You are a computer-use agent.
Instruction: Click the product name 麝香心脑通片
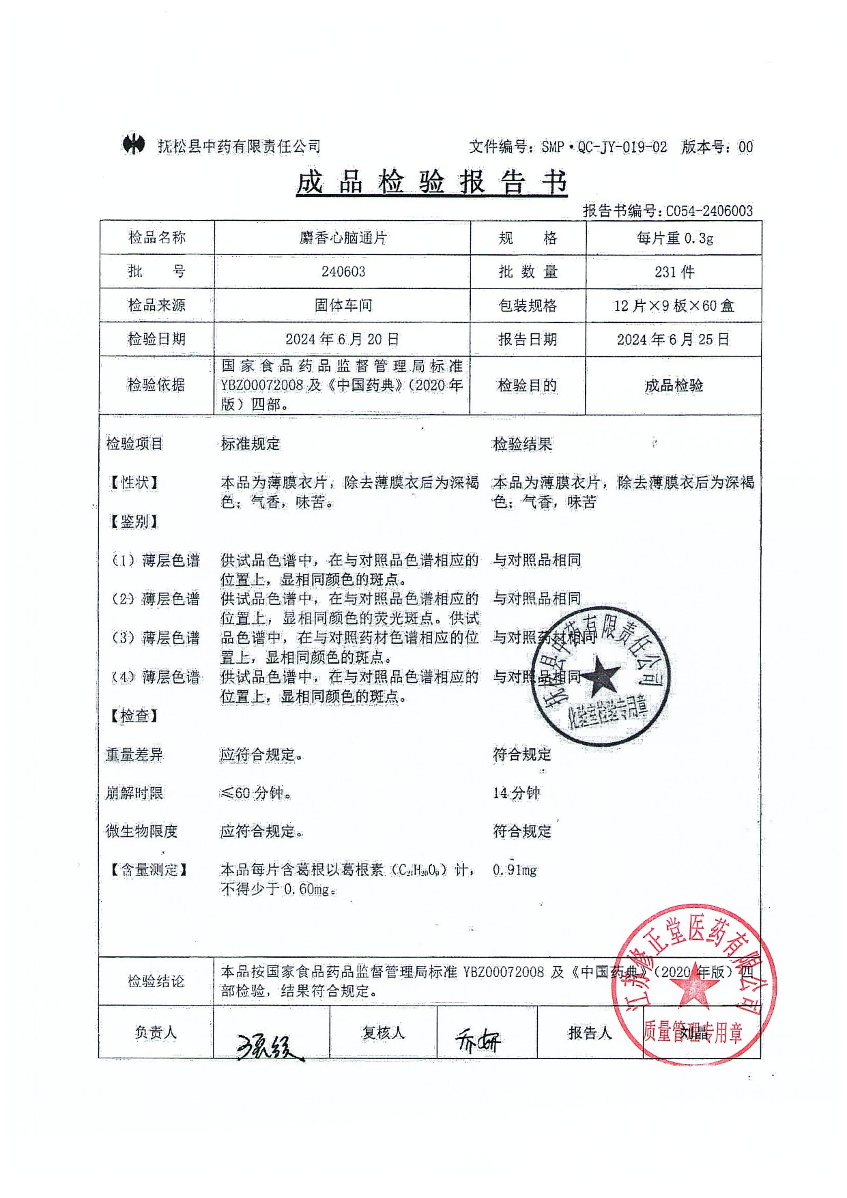pos(343,238)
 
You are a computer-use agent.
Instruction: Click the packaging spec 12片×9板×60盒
pos(674,306)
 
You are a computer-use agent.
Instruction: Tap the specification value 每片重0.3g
pos(674,238)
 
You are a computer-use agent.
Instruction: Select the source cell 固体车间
pos(343,305)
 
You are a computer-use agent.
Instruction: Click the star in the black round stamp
pos(600,677)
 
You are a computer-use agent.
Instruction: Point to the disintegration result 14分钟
pos(516,793)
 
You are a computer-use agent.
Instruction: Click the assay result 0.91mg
pos(515,870)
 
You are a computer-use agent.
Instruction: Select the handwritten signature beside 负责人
pos(269,1046)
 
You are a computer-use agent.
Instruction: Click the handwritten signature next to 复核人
pos(477,1042)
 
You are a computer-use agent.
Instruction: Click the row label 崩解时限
pos(135,793)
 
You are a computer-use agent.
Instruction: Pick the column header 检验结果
pos(522,445)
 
